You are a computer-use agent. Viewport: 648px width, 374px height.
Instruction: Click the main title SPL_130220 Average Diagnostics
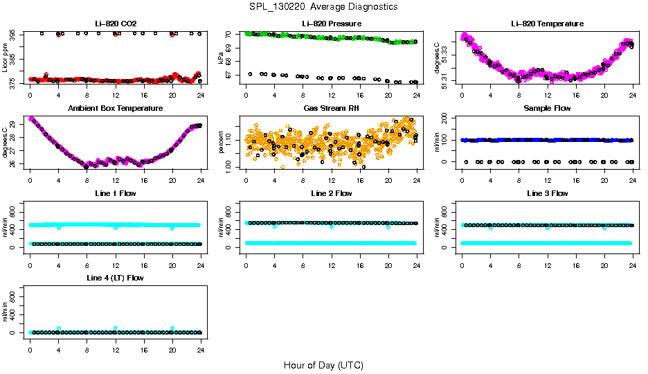[x=324, y=7]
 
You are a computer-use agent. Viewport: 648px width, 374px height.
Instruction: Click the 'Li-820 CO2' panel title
[x=116, y=24]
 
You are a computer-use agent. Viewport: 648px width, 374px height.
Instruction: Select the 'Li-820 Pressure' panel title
[x=332, y=24]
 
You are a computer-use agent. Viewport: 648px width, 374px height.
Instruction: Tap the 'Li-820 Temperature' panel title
[x=547, y=24]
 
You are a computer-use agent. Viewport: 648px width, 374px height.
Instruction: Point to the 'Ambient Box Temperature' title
[x=116, y=109]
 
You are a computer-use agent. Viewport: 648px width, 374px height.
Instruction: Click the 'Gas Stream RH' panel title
[x=332, y=109]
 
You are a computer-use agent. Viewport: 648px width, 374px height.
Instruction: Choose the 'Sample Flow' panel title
[x=547, y=109]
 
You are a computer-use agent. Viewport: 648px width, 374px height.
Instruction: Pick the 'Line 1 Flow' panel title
[x=116, y=193]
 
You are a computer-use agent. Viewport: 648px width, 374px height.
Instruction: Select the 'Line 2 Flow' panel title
[x=332, y=193]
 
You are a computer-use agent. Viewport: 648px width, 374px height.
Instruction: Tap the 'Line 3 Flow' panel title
[x=547, y=193]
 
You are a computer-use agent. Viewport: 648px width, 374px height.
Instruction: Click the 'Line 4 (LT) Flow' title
[x=116, y=278]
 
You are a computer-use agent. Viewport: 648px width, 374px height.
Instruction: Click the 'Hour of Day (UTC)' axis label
[x=323, y=365]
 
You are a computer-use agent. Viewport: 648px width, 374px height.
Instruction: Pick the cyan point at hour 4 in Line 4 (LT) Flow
[x=59, y=328]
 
